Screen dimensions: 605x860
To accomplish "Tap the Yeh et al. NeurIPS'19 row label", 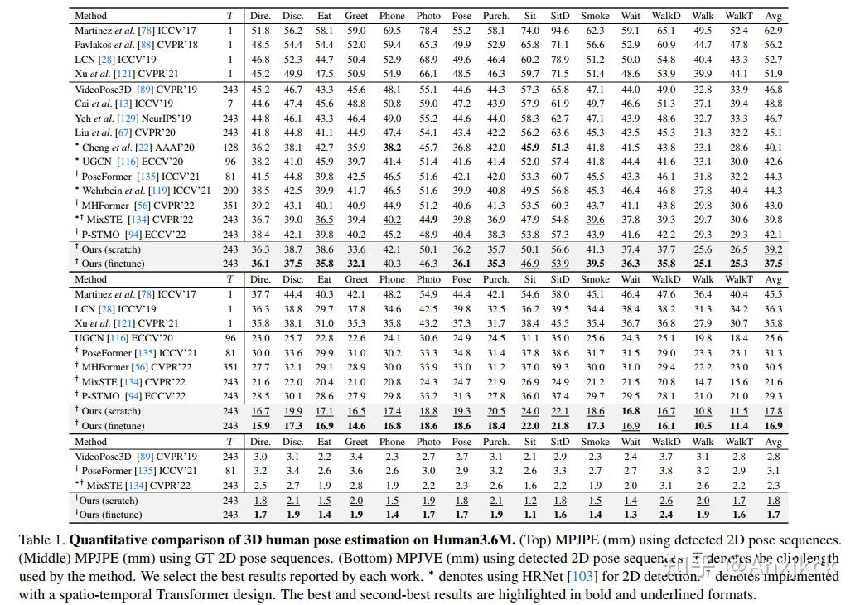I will click(133, 119).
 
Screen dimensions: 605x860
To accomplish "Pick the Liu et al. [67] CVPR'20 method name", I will click(124, 133).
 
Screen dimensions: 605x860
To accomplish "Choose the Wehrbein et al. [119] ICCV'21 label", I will click(140, 191).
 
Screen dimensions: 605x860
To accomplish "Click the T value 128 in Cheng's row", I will click(230, 148).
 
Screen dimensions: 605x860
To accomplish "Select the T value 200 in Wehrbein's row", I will click(230, 191).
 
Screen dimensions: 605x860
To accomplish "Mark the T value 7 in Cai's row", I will click(230, 104).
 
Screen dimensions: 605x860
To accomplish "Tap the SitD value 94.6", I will click(560, 30).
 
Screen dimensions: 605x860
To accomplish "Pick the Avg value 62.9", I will click(773, 30).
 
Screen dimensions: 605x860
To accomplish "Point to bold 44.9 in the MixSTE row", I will click(428, 220).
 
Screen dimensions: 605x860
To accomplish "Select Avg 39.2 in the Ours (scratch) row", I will click(773, 249).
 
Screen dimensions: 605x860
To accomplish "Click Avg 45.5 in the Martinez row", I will click(773, 294).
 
